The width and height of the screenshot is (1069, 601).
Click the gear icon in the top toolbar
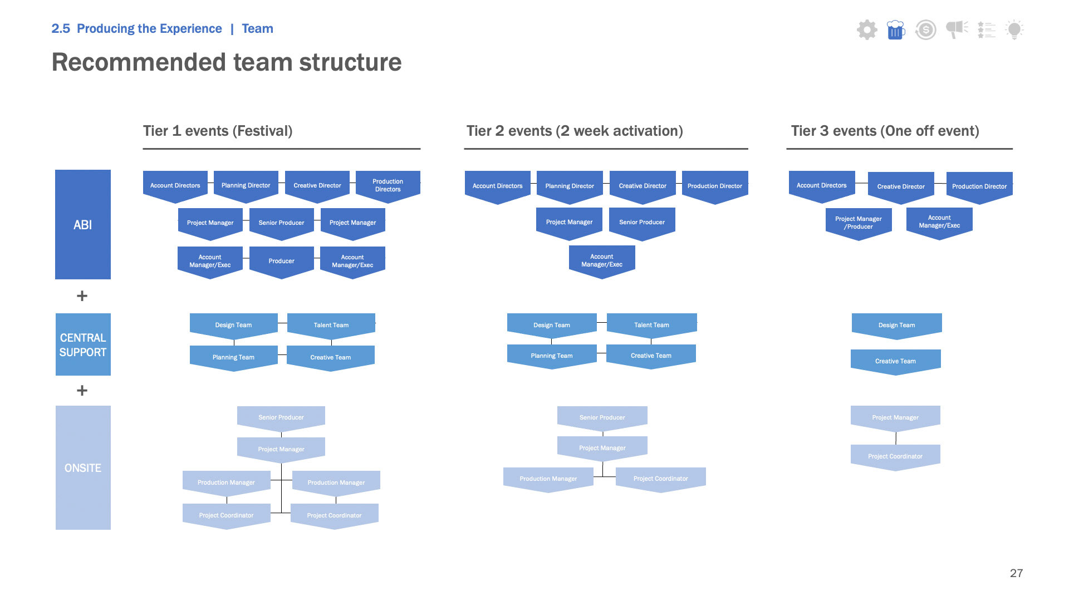867,29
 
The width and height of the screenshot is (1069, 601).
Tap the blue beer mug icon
895,29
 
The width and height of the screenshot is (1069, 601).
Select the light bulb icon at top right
1014,29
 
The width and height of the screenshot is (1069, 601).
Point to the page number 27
1016,573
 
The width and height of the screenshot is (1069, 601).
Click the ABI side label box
83,224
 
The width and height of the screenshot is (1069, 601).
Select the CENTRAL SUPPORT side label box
83,344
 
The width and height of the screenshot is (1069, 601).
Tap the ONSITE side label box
83,467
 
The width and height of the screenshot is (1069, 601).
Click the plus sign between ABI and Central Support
82,296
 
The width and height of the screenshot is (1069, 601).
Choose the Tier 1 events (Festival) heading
218,131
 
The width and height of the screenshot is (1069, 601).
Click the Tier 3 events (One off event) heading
885,131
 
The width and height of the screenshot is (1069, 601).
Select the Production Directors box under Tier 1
388,185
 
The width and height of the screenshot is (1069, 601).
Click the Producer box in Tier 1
281,261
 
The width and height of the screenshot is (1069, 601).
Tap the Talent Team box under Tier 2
651,325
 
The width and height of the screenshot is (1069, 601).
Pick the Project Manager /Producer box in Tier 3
858,223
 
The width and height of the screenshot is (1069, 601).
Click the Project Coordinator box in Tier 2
660,479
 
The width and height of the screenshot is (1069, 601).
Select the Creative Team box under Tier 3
895,361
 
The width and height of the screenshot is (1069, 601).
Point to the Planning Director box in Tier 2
570,186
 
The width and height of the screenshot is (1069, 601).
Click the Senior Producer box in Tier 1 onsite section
281,417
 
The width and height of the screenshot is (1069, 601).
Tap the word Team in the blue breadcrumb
257,29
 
